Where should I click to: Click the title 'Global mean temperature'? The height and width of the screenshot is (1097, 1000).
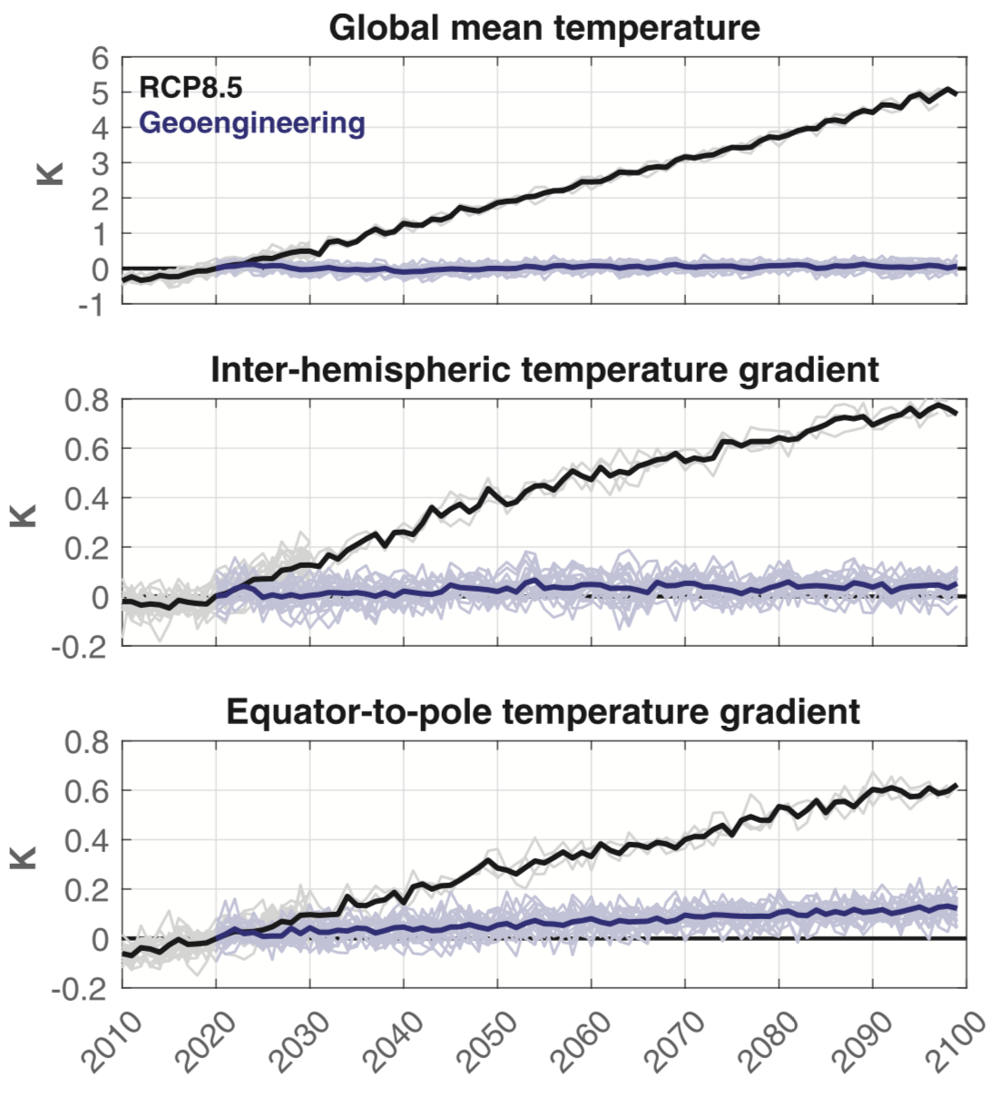544,27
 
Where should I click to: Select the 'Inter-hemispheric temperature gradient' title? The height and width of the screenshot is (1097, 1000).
544,369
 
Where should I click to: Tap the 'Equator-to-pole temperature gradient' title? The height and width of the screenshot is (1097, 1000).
543,711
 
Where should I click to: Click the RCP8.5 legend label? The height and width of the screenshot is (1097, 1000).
191,87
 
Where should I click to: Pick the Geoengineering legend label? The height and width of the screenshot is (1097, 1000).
252,122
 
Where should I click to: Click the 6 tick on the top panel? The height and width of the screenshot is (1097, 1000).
100,58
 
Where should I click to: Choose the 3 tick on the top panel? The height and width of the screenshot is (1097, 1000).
100,163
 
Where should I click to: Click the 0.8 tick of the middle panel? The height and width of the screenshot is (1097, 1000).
87,400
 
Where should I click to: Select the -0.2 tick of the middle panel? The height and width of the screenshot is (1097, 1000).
82,647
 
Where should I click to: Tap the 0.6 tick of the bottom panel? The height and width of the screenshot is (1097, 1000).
87,791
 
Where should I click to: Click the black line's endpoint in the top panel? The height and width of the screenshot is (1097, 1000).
956,93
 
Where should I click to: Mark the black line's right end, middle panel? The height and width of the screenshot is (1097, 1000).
956,413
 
